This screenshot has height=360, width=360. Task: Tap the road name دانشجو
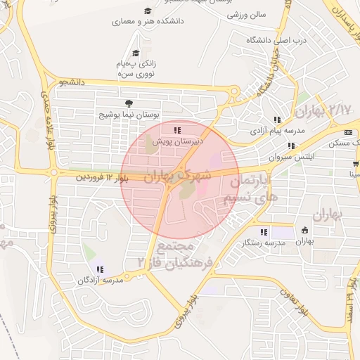point(72,83)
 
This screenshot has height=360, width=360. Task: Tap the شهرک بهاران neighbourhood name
point(177,175)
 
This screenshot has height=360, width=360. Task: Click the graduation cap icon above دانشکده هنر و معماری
point(148,11)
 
